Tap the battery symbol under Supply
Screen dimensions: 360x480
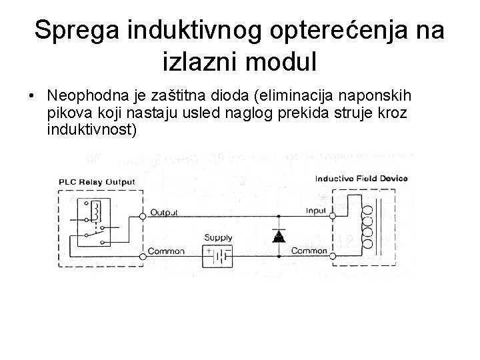(220, 255)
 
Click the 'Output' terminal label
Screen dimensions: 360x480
(164, 213)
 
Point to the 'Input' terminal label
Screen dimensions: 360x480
(315, 211)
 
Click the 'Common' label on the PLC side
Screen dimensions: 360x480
(166, 251)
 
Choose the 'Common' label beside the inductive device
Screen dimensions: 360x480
(309, 251)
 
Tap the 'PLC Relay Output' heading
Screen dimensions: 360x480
(97, 181)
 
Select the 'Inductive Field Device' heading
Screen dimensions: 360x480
(361, 179)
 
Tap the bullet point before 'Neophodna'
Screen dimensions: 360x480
(31, 95)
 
